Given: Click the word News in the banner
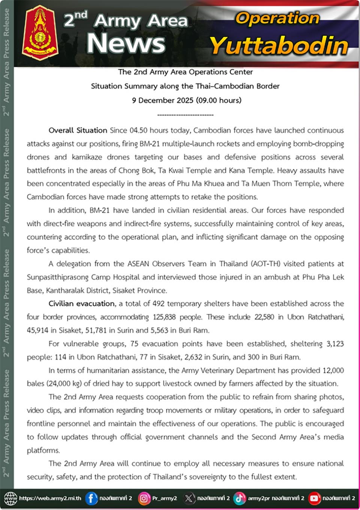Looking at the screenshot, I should pos(126,44).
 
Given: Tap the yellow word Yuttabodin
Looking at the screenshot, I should pos(279,46).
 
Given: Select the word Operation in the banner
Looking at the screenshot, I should pos(277,18).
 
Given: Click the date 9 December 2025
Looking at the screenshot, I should pos(162,100).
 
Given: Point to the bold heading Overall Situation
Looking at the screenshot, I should pos(78,130).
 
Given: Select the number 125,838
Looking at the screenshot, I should pos(164,317).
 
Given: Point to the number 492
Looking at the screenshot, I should pos(159,304).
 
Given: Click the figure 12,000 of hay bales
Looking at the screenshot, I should pos(333,370).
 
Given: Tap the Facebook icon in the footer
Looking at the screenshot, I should pos(91,498).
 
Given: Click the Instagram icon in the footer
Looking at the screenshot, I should pos(144,498).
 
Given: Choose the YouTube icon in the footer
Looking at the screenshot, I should pos(314,498).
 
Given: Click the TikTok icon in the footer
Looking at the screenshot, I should pos(239,498).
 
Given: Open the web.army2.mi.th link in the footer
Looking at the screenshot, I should pos(50,498).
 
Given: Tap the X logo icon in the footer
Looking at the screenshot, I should pos(189,498).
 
